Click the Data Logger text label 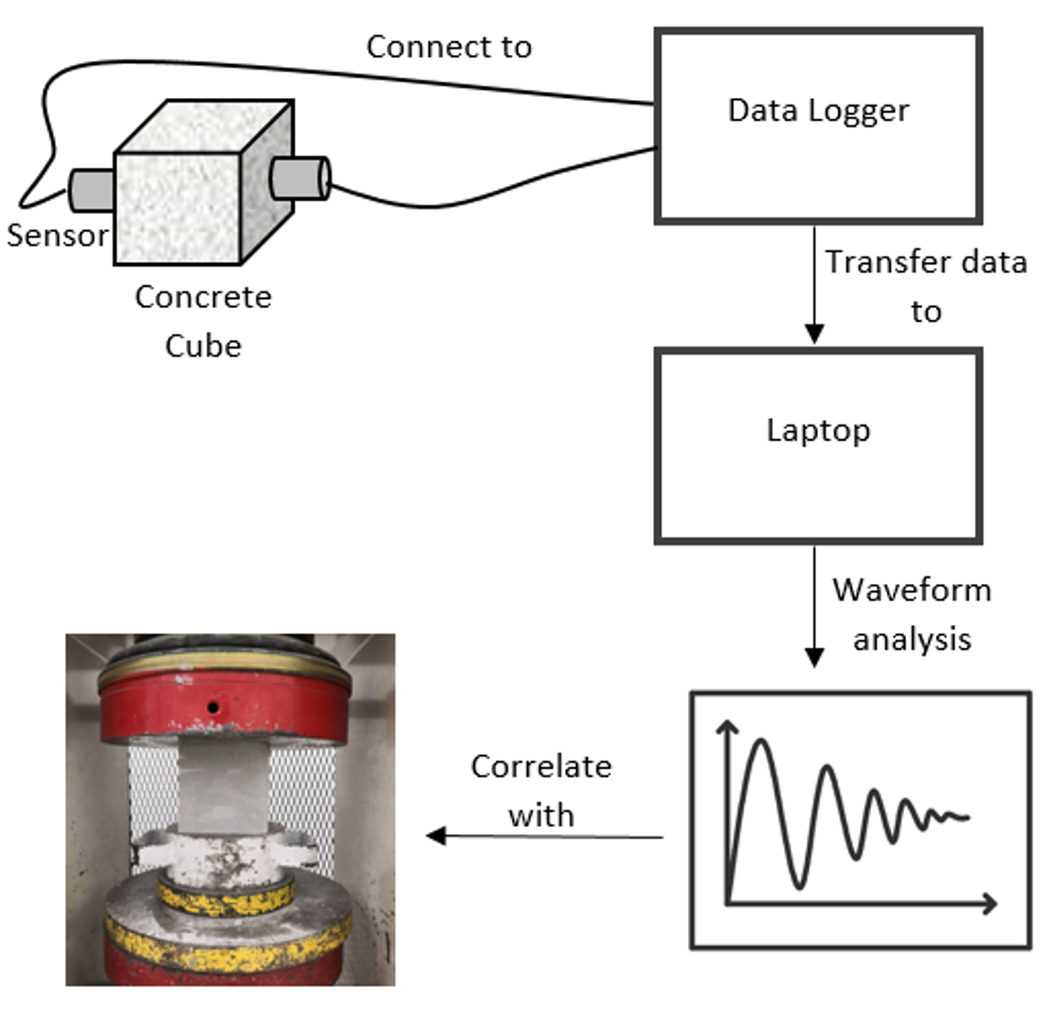818,112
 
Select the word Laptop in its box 818,430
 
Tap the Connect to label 449,47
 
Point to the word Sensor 57,236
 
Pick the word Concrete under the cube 203,297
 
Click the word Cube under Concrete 203,346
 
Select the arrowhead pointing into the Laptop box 814,334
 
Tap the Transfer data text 926,262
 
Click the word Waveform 911,589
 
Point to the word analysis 911,638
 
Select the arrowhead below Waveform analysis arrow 814,657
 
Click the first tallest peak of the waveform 759,741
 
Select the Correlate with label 540,789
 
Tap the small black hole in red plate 213,707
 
